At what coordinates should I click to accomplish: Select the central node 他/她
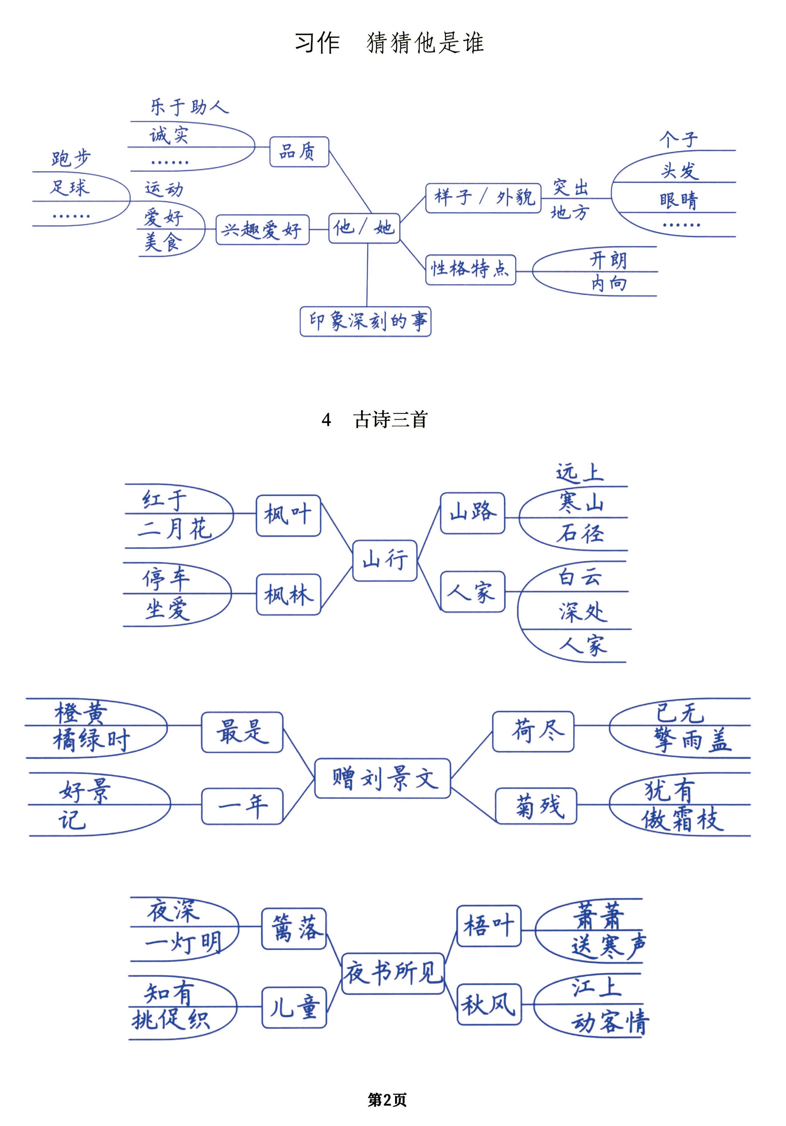(364, 227)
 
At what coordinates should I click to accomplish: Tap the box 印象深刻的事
(365, 321)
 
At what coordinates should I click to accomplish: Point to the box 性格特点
(470, 269)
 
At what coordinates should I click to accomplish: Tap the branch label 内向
(608, 284)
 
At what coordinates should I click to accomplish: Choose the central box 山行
(385, 561)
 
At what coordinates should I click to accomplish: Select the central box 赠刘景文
(382, 778)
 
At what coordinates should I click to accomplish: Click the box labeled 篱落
(294, 928)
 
